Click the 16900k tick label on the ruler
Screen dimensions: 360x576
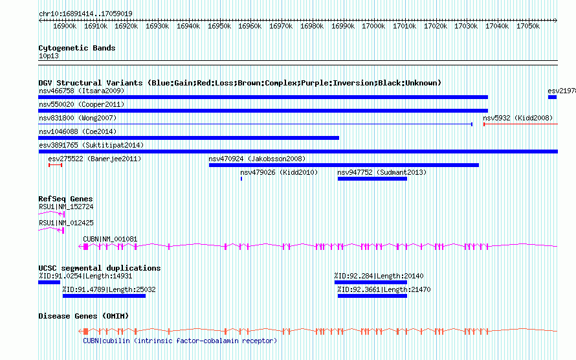(65, 27)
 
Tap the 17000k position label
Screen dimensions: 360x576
(373, 27)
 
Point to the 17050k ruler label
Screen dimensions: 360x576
(527, 27)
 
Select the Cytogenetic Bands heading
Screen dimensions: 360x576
(76, 48)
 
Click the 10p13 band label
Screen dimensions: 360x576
(48, 56)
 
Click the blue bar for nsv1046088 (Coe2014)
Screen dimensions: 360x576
(188, 138)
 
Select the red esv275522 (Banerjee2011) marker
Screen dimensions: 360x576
(55, 165)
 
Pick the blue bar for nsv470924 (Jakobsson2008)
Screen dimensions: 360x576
(344, 165)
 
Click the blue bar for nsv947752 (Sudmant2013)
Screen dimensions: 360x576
(372, 179)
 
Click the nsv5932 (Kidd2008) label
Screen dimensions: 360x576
(518, 118)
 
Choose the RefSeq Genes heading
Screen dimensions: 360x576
(65, 199)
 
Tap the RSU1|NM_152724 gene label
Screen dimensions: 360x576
(66, 207)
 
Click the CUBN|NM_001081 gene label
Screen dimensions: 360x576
(110, 239)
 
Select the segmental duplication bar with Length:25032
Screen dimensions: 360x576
(104, 296)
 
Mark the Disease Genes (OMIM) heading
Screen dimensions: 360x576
(83, 316)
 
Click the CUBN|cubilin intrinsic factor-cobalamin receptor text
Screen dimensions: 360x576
(179, 341)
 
